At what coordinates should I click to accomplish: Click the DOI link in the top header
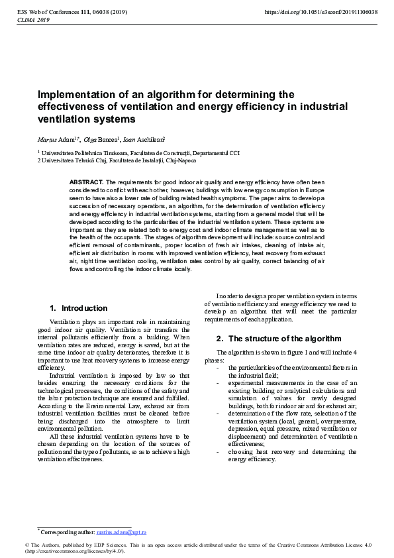pos(321,13)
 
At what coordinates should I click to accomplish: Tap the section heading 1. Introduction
pos(79,308)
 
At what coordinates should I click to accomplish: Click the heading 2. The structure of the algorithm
pos(279,339)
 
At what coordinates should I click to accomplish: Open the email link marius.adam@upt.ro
pos(121,531)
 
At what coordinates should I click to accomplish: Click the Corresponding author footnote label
pos(67,531)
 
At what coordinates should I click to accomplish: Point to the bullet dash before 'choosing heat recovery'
pos(219,452)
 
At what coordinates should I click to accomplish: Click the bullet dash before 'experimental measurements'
pos(219,382)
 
